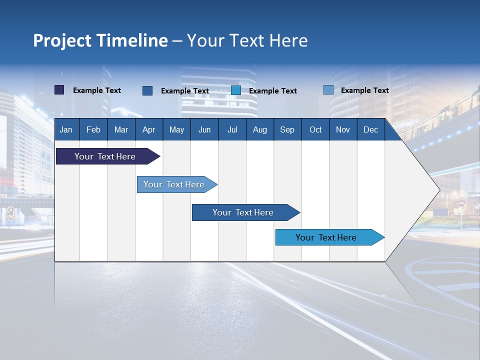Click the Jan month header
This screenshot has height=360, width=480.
(x=66, y=130)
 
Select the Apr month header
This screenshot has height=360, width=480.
(x=149, y=130)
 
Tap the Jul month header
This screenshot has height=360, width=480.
(x=232, y=130)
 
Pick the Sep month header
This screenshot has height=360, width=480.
(x=287, y=130)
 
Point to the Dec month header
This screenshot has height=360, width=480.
(x=370, y=130)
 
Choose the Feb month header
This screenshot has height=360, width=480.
(x=93, y=130)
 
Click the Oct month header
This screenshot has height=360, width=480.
(x=315, y=130)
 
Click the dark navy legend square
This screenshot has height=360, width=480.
(x=59, y=90)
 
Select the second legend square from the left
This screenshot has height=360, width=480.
(x=147, y=90)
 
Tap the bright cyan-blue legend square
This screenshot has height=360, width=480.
(x=236, y=90)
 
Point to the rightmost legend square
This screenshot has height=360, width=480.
(x=328, y=90)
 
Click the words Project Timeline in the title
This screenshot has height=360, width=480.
(x=100, y=40)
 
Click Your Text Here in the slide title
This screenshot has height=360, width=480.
(x=247, y=40)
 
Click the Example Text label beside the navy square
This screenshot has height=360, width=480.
(x=97, y=90)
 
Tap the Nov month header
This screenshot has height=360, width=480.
(x=343, y=130)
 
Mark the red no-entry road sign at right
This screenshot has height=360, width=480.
(x=461, y=203)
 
